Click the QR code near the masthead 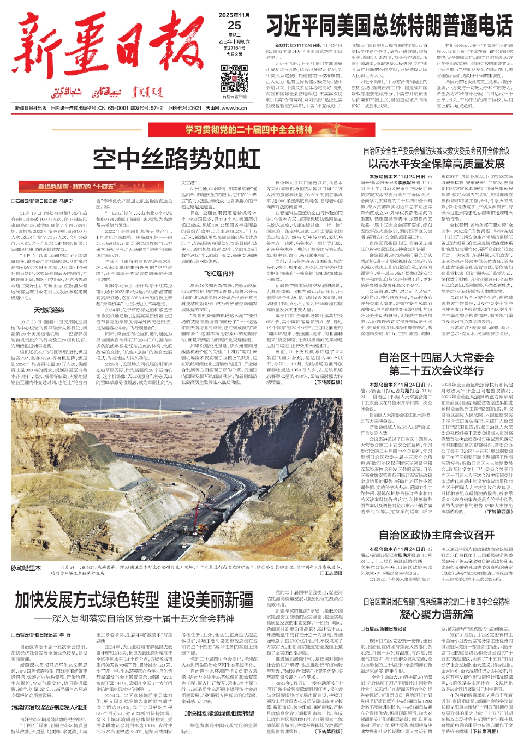pos(234,78)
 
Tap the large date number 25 pos(234,25)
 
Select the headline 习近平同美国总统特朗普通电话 pos(389,26)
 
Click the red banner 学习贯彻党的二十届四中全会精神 pos(248,130)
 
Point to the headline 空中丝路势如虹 pos(176,159)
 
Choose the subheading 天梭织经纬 pos(49,310)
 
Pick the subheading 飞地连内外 pos(219,273)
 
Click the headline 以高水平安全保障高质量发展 pos(436,163)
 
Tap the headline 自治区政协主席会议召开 pos(436,535)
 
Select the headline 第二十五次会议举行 pos(436,371)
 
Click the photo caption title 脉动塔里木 pos(26,568)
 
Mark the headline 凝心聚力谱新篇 pos(436,615)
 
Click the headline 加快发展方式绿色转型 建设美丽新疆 pos(134,600)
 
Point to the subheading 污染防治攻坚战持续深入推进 pos(49,707)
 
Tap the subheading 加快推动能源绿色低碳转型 pos(219,713)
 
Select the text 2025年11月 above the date pos(234,15)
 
